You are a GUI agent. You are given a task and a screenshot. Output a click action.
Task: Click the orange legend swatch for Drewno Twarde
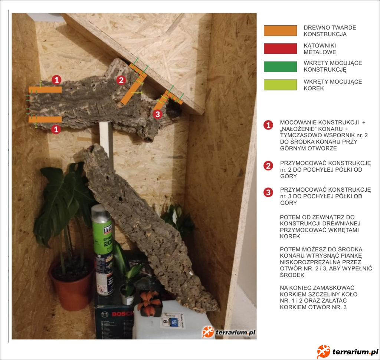pos(281,31)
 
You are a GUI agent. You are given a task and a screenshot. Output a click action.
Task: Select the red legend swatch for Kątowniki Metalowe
pos(281,49)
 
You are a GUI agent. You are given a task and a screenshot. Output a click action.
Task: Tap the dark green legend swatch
pos(281,67)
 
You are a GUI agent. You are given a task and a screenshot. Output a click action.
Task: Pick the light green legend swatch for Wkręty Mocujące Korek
pos(281,85)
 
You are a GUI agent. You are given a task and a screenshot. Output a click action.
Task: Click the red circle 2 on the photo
pos(121,80)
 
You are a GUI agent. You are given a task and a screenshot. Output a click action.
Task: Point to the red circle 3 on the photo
pos(157,114)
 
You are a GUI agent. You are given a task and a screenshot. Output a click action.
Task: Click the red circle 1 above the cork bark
pos(57,79)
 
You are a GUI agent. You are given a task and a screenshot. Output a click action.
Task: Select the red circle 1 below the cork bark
pos(56,129)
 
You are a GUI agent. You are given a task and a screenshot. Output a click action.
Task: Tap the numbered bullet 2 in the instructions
pos(268,166)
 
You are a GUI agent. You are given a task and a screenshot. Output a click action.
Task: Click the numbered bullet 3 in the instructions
pos(268,192)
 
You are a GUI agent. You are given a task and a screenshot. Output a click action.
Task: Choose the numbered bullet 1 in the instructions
pos(268,125)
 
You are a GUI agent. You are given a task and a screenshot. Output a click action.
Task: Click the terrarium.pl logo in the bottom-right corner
pos(348,352)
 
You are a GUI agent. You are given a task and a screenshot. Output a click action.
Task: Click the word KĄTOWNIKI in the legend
pos(320,46)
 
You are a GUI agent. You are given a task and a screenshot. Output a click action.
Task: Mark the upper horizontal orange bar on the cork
pos(45,90)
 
